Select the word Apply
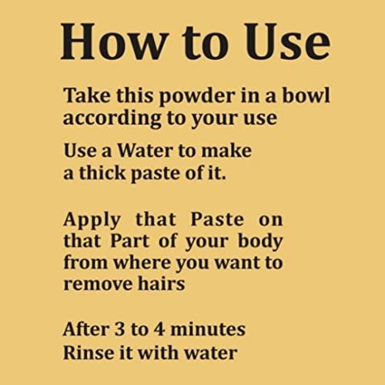[x=91, y=219]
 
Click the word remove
[x=94, y=283]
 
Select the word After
[x=86, y=330]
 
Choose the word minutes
[x=212, y=330]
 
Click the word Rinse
[x=88, y=352]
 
